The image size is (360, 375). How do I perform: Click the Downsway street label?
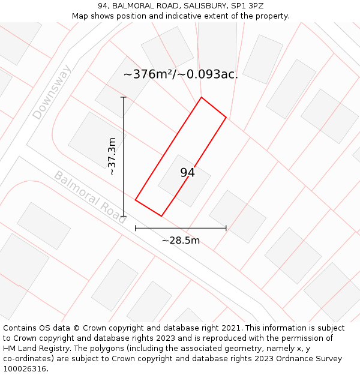(52, 92)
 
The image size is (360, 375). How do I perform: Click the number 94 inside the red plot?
(187, 173)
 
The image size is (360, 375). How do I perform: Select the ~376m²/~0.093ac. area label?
(181, 74)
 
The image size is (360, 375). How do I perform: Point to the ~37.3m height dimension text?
(112, 157)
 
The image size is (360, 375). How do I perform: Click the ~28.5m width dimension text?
(181, 241)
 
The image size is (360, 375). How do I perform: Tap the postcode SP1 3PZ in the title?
(247, 6)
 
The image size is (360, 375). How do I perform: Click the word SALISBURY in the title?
(193, 6)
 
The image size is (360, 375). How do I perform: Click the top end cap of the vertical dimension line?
(124, 97)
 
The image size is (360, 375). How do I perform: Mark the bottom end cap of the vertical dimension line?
(124, 216)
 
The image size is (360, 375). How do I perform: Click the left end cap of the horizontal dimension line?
(136, 228)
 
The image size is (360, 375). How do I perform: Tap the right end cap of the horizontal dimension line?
(226, 228)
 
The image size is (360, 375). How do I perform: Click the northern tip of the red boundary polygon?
(201, 97)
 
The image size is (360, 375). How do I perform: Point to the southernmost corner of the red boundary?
(161, 216)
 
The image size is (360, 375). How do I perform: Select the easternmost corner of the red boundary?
(226, 118)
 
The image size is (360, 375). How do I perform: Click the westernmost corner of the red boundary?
(136, 200)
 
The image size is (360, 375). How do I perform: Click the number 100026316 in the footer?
(25, 369)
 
